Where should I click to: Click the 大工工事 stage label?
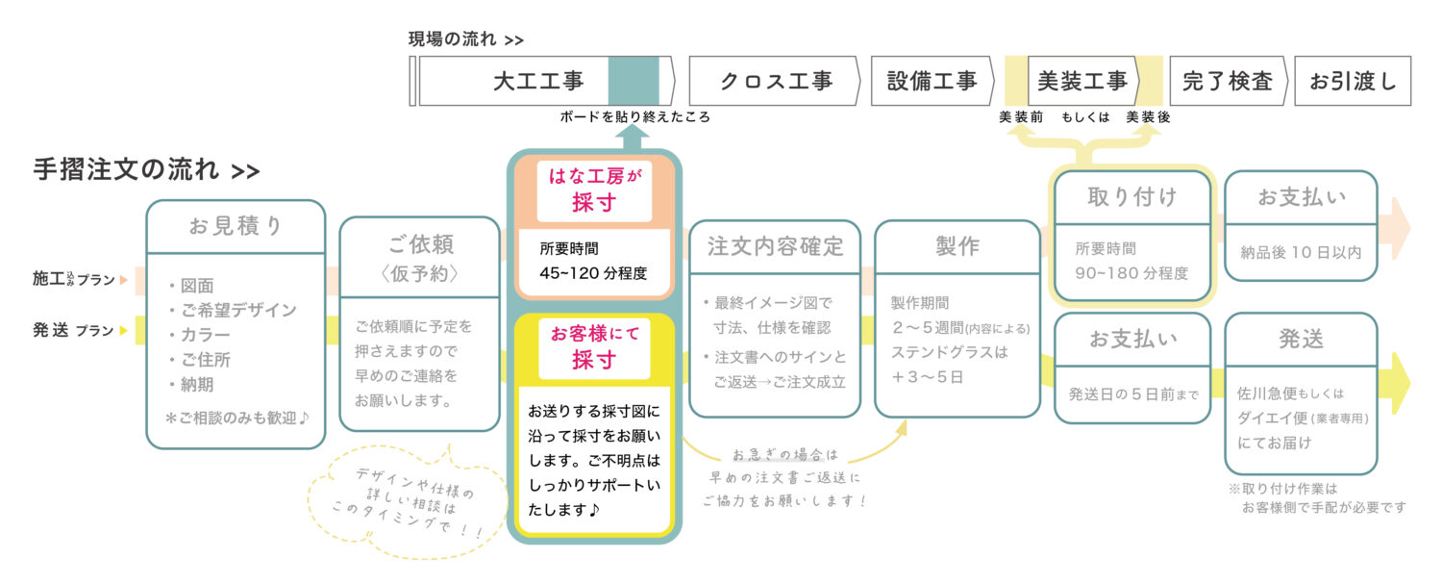538,81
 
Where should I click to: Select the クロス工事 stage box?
776,81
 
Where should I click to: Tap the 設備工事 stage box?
932,81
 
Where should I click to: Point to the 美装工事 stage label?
1082,81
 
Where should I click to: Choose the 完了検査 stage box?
1228,81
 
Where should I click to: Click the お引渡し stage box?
1353,81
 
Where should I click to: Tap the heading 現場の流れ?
453,39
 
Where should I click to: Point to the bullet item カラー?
204,335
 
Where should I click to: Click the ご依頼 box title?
419,244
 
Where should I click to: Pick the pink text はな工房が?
593,176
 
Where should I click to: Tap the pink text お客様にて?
593,334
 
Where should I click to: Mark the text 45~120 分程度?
593,272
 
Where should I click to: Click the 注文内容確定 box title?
775,245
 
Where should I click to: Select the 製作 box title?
957,245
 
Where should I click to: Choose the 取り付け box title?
1131,197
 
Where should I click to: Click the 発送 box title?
1301,339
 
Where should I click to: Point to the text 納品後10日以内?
1301,253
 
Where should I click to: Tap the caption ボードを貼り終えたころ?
634,117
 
